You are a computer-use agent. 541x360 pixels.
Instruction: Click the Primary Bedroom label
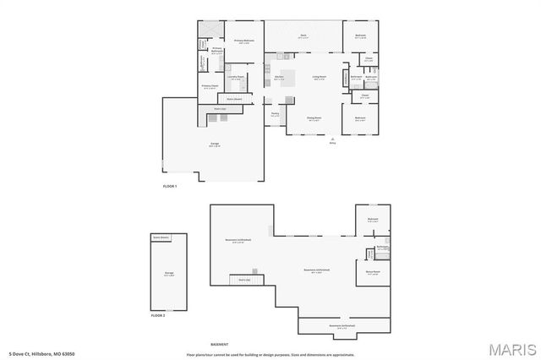coord(243,41)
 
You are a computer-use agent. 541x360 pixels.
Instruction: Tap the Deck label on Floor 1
coord(303,35)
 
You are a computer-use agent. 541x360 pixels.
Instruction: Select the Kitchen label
coord(279,79)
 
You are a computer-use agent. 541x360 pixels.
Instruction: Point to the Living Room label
coord(320,79)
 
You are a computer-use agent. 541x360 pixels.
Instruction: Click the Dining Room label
coord(314,119)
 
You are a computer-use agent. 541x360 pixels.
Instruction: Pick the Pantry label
coord(275,114)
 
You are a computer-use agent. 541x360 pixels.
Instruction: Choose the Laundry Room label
coord(236,78)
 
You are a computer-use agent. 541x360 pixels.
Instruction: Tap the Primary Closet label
coord(210,86)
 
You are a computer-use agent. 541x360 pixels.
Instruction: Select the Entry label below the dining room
coord(332,143)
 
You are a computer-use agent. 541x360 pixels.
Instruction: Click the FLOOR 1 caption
coord(170,186)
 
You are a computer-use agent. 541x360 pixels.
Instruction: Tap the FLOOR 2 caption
coord(158,314)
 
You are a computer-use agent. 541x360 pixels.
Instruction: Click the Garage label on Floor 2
coord(169,273)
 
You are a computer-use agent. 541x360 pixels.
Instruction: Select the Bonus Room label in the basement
coord(373,272)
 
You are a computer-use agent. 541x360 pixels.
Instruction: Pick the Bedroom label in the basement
coord(373,220)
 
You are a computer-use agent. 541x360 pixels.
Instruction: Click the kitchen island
coord(288,80)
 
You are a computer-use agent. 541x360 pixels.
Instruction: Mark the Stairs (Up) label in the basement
coord(244,279)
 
